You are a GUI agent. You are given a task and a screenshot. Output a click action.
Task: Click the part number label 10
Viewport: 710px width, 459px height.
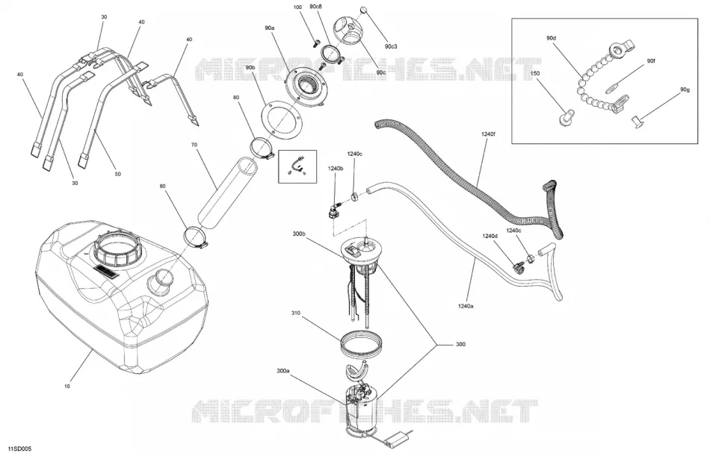coord(67,387)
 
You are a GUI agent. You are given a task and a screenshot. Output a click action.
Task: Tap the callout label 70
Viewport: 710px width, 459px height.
coord(194,145)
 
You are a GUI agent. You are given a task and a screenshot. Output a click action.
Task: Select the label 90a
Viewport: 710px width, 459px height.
coord(269,28)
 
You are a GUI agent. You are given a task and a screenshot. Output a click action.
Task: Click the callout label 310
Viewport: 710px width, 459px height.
coord(296,313)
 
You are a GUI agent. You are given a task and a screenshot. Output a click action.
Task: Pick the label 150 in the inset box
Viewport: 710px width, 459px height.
coord(535,73)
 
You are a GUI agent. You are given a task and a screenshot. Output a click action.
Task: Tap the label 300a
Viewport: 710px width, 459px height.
coord(283,371)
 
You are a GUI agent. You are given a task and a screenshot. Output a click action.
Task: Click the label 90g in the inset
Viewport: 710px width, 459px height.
coord(685,90)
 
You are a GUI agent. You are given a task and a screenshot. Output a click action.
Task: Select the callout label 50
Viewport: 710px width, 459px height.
coord(118,174)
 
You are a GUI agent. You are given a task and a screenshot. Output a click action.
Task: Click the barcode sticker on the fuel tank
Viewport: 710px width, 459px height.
coord(106,272)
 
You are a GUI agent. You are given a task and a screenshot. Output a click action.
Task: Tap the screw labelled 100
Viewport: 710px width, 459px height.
coord(315,43)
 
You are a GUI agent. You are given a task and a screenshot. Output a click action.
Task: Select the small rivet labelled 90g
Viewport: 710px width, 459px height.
coord(638,121)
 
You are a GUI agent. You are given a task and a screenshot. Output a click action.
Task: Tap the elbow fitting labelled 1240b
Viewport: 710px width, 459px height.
coord(333,210)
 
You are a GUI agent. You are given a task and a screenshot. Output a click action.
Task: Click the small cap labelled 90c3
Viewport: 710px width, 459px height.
coord(363,10)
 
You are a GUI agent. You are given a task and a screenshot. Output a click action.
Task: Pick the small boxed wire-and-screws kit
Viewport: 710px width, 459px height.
coord(297,166)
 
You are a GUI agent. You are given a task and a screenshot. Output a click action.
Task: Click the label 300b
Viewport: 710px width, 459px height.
coord(299,234)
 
